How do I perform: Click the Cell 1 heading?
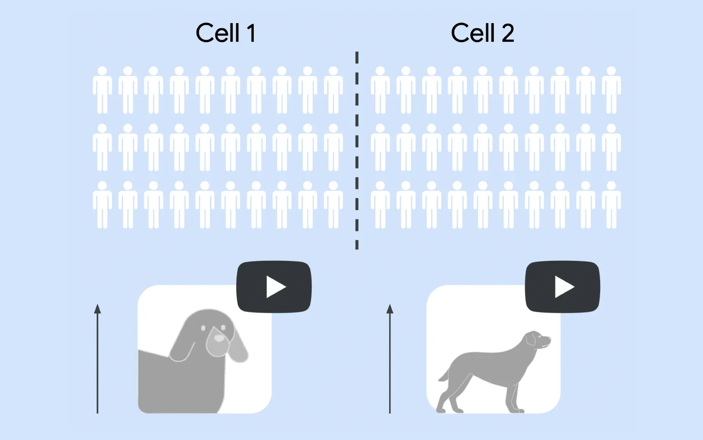(226, 33)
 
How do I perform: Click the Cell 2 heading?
(483, 33)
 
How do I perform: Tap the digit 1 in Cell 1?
(251, 33)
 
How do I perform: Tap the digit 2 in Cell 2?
(507, 33)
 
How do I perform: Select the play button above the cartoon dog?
(274, 287)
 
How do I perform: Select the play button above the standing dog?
(563, 287)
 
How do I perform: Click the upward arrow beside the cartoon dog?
(97, 359)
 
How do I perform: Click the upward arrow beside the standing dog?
(390, 359)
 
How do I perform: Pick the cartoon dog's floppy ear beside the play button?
(238, 345)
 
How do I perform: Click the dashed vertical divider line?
(357, 150)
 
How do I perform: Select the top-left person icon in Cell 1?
(102, 90)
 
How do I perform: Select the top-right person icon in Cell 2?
(611, 90)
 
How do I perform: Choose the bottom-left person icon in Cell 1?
(102, 205)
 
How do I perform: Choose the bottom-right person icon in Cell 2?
(611, 205)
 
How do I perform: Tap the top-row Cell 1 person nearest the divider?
(333, 90)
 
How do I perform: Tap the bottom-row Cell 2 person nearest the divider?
(380, 205)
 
